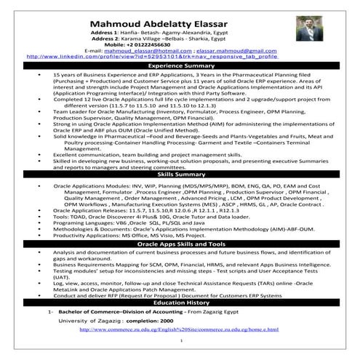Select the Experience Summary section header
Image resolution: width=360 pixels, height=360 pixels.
click(180, 65)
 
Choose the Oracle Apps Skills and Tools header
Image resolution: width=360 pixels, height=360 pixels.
click(180, 244)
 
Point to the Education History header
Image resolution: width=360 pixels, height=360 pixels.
click(180, 301)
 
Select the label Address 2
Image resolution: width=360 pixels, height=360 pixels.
click(104, 39)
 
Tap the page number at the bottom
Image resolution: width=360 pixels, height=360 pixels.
click(180, 348)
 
